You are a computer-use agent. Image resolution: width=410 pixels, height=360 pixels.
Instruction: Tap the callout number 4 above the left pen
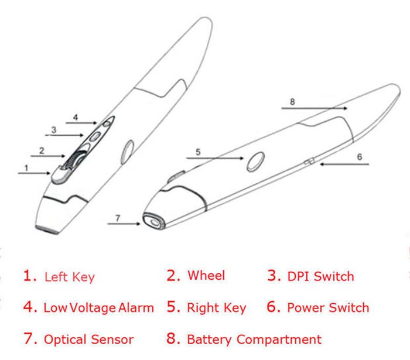pos(76,118)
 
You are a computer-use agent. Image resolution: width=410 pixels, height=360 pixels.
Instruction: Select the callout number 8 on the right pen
pos(292,101)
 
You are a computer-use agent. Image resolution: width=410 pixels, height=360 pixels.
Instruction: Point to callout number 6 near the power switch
pos(360,156)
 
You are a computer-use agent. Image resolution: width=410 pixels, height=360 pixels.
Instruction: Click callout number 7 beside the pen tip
pos(117,218)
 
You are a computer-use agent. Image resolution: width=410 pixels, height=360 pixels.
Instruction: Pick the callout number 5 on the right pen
pos(198,152)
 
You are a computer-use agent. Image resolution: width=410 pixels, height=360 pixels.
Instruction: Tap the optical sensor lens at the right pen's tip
pos(152,222)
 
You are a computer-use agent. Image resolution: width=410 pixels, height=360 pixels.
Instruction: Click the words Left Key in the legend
pos(69,277)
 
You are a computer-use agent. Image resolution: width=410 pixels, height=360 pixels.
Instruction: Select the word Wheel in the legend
pos(206,275)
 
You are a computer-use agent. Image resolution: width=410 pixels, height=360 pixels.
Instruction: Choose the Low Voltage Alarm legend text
pos(98,307)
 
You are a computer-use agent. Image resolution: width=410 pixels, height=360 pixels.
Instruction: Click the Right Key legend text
pos(216,308)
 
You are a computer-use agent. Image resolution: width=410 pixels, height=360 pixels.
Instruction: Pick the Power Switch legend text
pos(328,307)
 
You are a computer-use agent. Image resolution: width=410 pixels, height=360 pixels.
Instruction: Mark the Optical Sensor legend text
pos(88,339)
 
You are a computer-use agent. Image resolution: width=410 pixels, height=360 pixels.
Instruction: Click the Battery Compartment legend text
pos(254,339)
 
